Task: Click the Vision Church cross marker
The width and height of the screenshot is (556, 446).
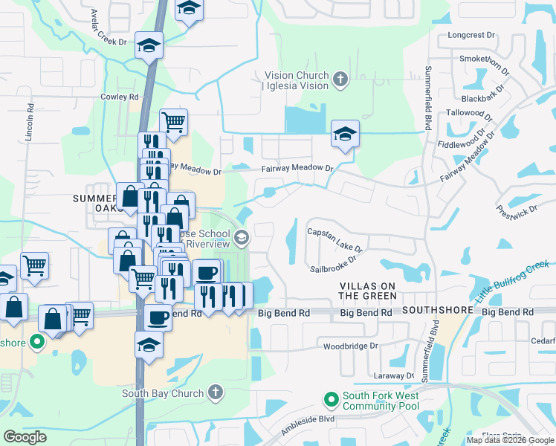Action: pyautogui.click(x=340, y=79)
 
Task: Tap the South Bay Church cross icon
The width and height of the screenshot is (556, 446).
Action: pyautogui.click(x=215, y=391)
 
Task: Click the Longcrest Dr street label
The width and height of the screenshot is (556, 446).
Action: pyautogui.click(x=471, y=35)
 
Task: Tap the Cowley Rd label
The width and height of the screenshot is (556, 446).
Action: pyautogui.click(x=120, y=97)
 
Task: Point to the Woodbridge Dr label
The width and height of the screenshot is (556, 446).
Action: pyautogui.click(x=351, y=346)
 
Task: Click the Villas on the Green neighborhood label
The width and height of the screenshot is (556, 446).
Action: pyautogui.click(x=368, y=291)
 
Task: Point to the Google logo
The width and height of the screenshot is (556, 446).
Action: pyautogui.click(x=25, y=437)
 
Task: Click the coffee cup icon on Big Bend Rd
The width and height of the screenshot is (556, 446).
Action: pyautogui.click(x=158, y=317)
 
